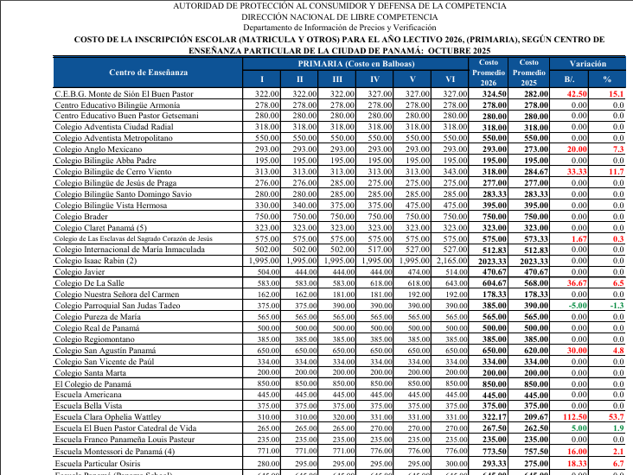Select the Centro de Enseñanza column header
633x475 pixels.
tap(148, 72)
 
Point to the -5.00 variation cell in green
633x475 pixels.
tap(576, 305)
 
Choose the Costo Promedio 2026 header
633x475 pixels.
tap(489, 73)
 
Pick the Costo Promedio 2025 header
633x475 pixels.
tap(528, 73)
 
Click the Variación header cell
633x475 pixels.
tap(588, 64)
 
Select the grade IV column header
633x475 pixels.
tap(374, 79)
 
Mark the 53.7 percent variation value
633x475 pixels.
tap(616, 416)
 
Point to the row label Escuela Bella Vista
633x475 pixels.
tap(88, 405)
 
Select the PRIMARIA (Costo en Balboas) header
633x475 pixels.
tap(355, 64)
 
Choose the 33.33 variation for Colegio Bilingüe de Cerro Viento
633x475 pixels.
tap(576, 172)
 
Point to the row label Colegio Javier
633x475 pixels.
tap(80, 271)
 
